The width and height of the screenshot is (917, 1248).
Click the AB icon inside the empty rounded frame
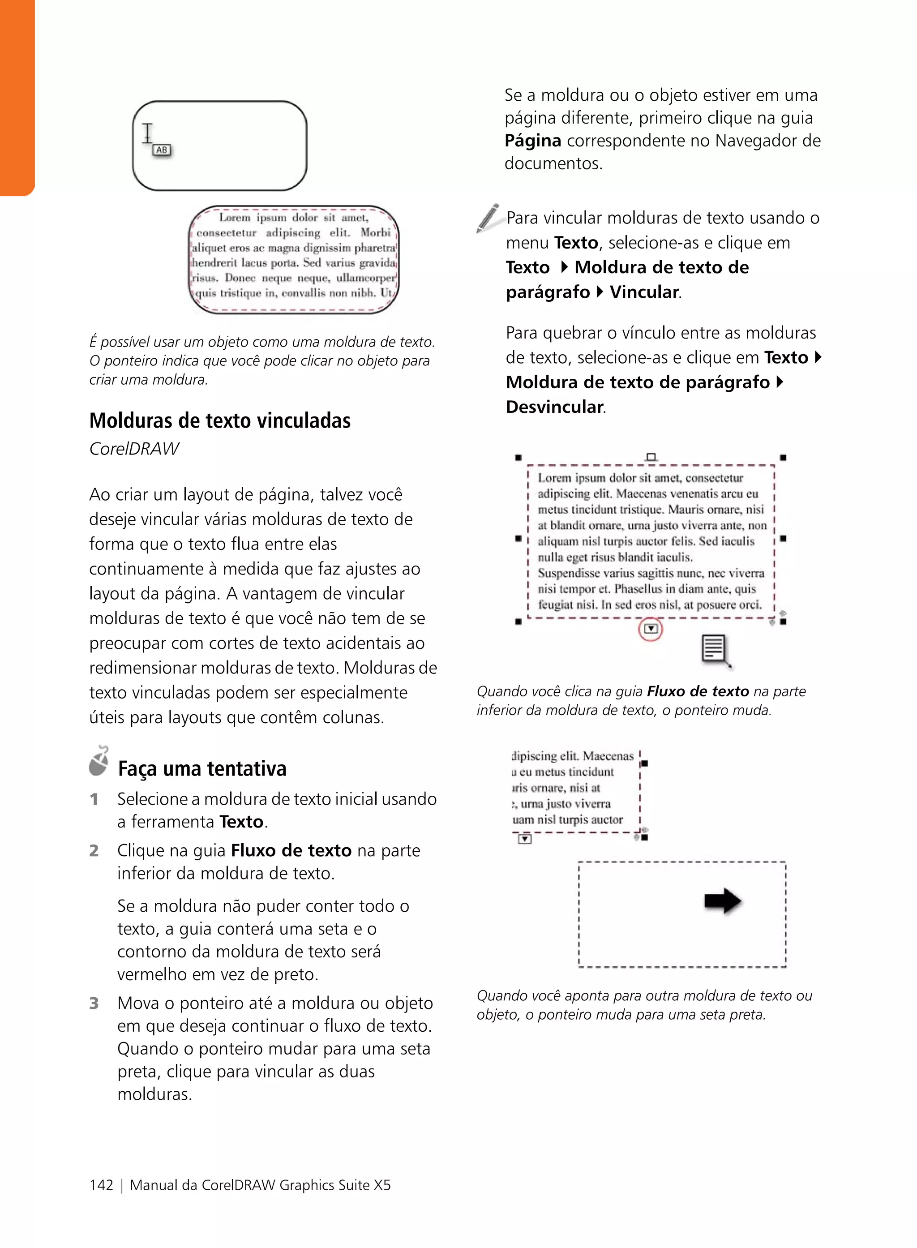pyautogui.click(x=162, y=150)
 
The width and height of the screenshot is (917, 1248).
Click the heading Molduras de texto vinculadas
pyautogui.click(x=220, y=421)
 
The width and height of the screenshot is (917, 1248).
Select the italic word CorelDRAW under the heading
pyautogui.click(x=134, y=449)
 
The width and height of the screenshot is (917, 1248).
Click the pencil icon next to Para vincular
pyautogui.click(x=488, y=218)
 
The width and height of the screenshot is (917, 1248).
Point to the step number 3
pyautogui.click(x=94, y=1003)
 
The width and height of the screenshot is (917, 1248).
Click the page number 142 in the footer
pyautogui.click(x=101, y=1185)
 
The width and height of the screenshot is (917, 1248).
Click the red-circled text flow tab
pyautogui.click(x=651, y=629)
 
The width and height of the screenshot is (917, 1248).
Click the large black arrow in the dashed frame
pyautogui.click(x=723, y=901)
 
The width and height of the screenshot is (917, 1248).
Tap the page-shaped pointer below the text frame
pyautogui.click(x=715, y=650)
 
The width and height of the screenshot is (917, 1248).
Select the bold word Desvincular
pyautogui.click(x=554, y=407)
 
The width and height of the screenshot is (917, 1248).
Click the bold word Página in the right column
pyautogui.click(x=532, y=141)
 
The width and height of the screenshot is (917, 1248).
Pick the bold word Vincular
pyautogui.click(x=644, y=292)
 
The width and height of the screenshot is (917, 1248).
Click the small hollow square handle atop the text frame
pyautogui.click(x=651, y=457)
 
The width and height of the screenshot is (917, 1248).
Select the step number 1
pyautogui.click(x=94, y=799)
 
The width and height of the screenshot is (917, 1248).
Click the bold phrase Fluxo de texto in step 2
pyautogui.click(x=291, y=850)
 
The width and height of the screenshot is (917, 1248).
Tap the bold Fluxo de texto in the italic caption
pyautogui.click(x=698, y=691)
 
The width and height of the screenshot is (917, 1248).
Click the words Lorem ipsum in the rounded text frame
pyautogui.click(x=253, y=218)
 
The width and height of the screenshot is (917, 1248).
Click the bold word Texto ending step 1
pyautogui.click(x=241, y=822)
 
